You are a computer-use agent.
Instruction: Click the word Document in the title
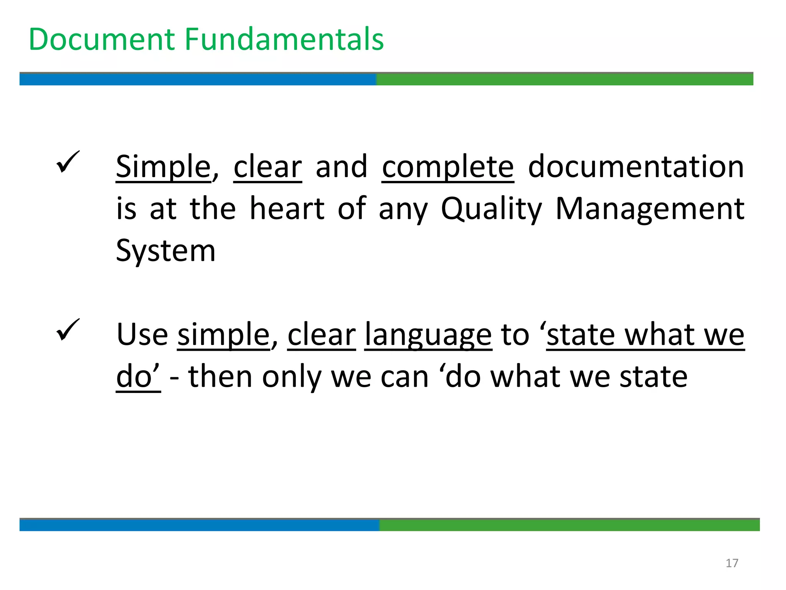tap(102, 40)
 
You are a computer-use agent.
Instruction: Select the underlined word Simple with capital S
tap(163, 167)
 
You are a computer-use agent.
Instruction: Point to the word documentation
tap(636, 167)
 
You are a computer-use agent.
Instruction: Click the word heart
tap(287, 209)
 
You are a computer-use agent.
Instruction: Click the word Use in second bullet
tap(142, 335)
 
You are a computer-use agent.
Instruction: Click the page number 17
tap(732, 563)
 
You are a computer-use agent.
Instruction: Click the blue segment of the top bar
tap(198, 79)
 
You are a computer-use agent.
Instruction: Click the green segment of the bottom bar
tap(569, 525)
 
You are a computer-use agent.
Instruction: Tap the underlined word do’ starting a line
tap(138, 377)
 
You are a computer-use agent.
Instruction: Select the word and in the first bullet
tap(342, 167)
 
